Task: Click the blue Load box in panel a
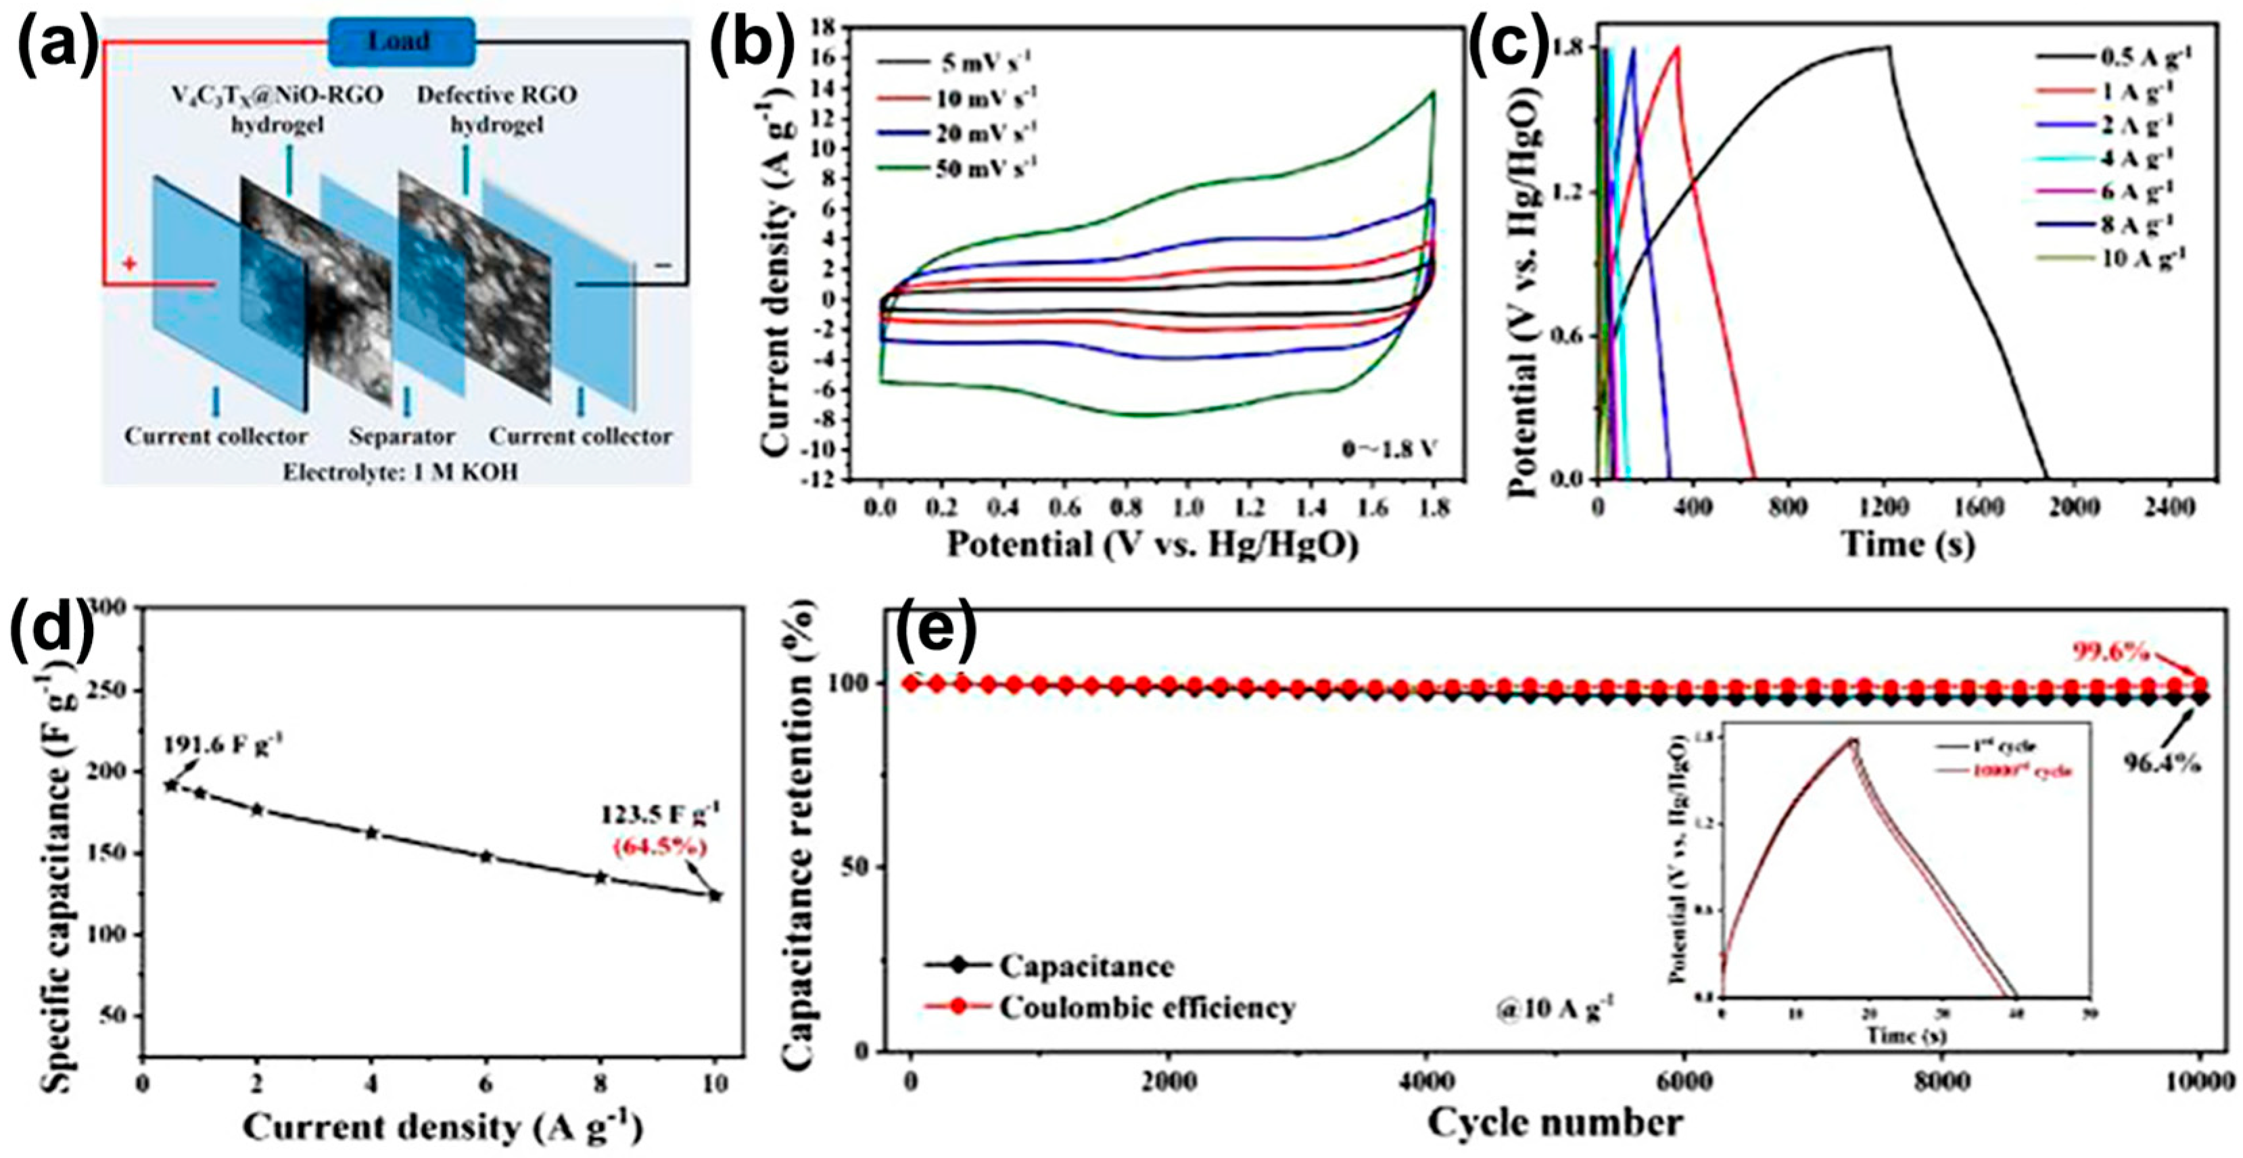pos(402,42)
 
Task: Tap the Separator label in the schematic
pos(402,436)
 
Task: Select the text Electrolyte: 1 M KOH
pos(400,472)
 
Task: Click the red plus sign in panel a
pos(129,262)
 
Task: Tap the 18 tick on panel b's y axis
pos(832,28)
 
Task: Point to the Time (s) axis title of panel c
pos(1907,544)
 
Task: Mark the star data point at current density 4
pos(372,834)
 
